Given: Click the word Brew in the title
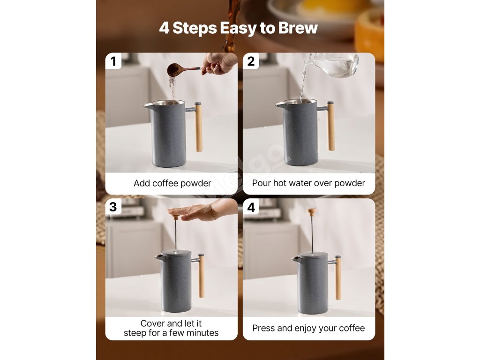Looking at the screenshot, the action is tap(298, 28).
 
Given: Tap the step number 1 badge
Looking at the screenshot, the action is tap(113, 61).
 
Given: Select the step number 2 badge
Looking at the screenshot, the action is tap(251, 61).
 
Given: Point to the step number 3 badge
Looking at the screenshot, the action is tap(113, 207).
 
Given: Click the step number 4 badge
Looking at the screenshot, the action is tap(251, 207).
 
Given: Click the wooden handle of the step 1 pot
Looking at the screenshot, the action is tap(199, 127).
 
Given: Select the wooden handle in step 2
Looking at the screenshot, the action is tap(331, 126).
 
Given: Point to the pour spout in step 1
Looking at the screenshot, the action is tap(148, 105).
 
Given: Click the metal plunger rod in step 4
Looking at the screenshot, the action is tap(312, 234).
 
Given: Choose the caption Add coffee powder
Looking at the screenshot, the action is tap(172, 183).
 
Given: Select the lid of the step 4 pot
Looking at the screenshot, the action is tap(313, 255).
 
